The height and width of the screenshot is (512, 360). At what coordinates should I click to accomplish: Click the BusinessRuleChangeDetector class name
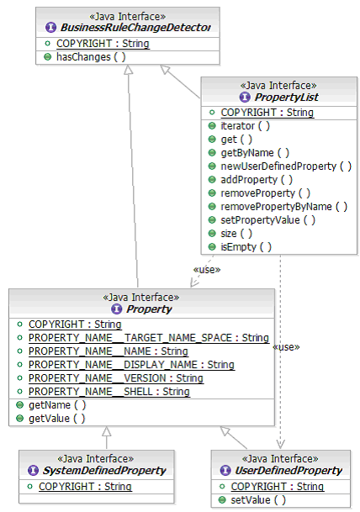(135, 28)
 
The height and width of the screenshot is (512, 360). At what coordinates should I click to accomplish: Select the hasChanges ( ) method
(91, 57)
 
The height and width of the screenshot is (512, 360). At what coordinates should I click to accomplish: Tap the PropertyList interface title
(286, 97)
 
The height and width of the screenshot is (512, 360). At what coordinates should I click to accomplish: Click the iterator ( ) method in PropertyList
(245, 126)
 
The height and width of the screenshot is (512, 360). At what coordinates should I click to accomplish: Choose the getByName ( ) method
(255, 153)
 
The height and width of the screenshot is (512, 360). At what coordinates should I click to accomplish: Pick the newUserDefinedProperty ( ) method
(286, 166)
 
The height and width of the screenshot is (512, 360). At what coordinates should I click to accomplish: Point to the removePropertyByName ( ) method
(284, 207)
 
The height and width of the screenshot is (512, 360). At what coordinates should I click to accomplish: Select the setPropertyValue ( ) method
(267, 220)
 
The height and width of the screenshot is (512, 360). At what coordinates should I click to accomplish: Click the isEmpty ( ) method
(246, 247)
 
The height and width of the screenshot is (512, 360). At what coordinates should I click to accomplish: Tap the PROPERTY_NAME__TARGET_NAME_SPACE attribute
(149, 338)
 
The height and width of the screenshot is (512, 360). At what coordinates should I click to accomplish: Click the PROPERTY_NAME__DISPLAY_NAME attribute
(131, 365)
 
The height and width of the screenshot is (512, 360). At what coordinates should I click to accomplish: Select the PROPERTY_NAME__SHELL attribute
(109, 392)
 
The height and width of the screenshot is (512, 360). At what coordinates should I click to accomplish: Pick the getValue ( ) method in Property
(57, 419)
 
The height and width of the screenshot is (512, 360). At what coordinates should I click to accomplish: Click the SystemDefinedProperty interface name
(104, 471)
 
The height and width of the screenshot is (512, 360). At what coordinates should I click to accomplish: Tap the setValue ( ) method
(258, 500)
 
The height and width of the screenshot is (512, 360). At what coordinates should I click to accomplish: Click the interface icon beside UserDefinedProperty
(225, 471)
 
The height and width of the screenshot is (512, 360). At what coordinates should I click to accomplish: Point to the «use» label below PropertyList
(207, 270)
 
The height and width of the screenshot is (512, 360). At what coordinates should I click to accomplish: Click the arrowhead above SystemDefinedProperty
(107, 431)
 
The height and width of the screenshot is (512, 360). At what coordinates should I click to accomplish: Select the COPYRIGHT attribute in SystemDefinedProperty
(85, 487)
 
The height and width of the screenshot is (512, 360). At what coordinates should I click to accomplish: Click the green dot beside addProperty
(212, 180)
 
